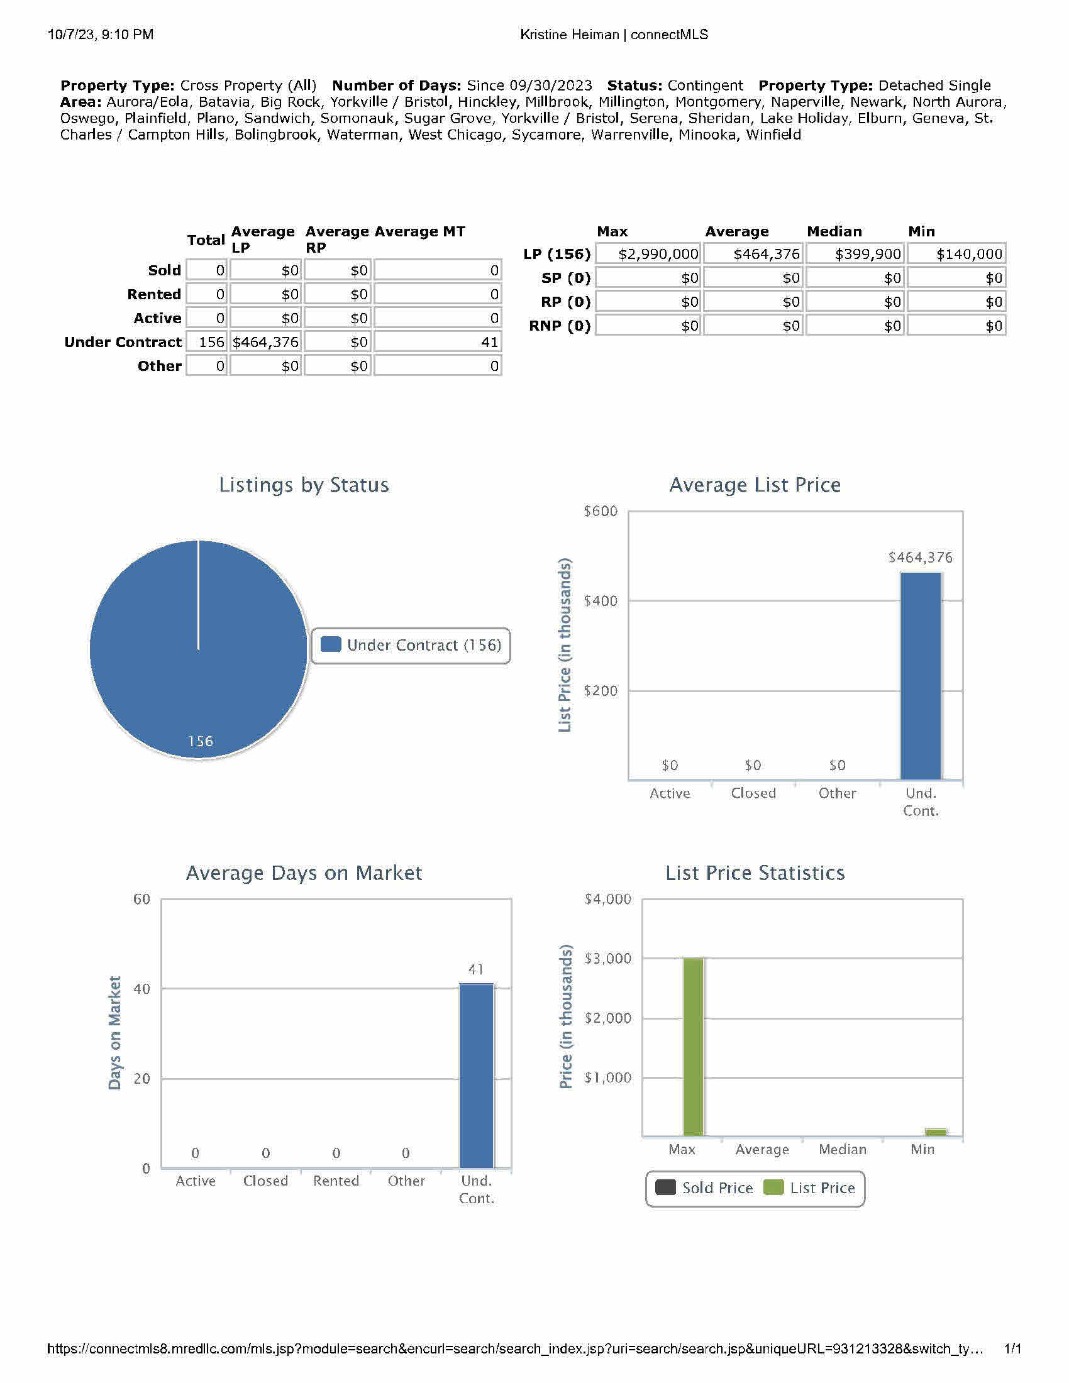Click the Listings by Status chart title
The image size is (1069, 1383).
[304, 485]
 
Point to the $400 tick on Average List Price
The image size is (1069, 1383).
[600, 601]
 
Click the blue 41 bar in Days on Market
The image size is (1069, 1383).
[476, 1076]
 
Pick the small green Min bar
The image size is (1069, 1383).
[936, 1133]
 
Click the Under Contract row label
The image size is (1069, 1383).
[123, 343]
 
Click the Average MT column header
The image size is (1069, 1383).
[420, 232]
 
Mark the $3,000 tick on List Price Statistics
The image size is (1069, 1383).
[607, 959]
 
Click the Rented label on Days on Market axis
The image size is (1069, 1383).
[336, 1181]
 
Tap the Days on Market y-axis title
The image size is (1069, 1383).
[114, 1033]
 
